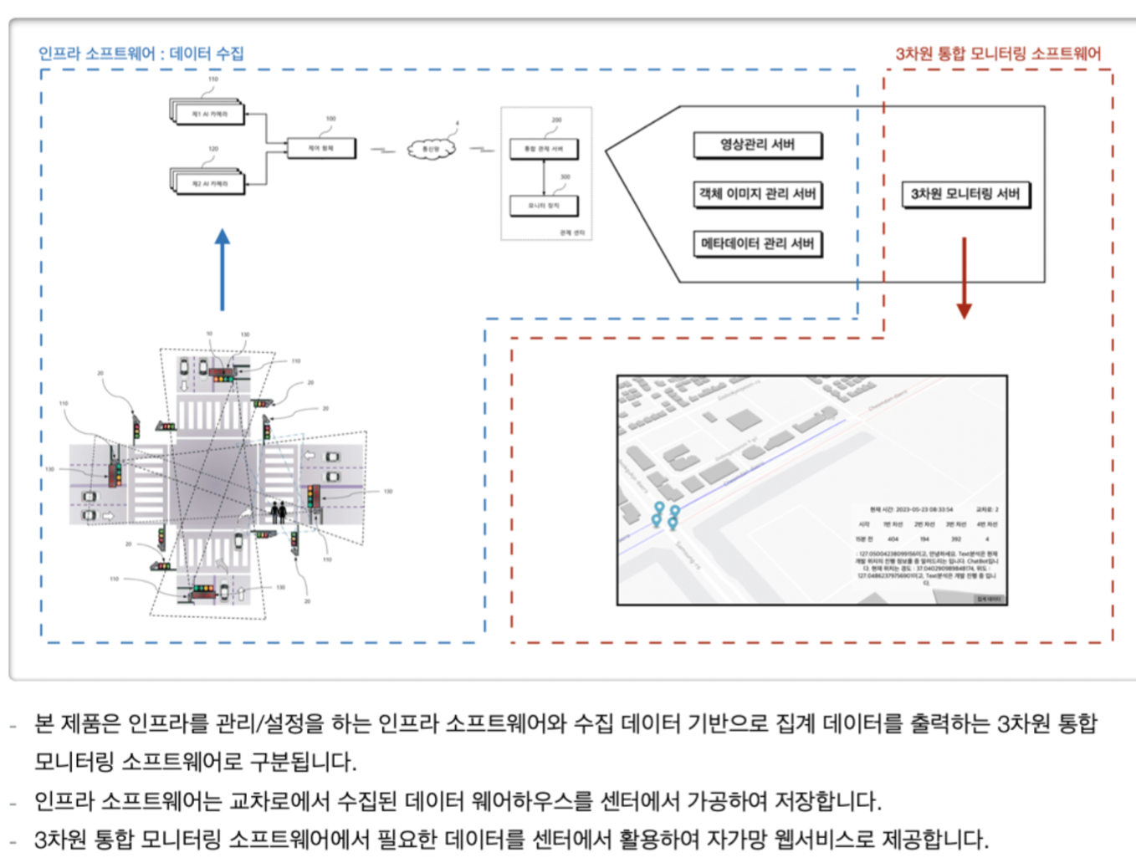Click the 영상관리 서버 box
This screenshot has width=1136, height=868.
[757, 145]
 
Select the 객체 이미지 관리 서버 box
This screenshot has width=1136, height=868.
[757, 194]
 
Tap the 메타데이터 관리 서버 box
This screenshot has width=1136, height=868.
[757, 243]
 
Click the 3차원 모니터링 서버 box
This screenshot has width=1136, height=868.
[965, 194]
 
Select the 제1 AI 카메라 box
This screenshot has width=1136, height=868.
[209, 114]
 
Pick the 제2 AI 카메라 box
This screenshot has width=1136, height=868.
[209, 183]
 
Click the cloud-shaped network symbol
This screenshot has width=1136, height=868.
[431, 149]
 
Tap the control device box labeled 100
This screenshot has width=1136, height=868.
[320, 148]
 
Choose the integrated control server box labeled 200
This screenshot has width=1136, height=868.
[544, 149]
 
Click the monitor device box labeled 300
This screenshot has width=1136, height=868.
[544, 205]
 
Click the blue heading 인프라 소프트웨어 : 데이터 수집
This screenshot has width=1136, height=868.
[141, 54]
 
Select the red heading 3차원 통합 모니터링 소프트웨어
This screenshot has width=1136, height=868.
[998, 54]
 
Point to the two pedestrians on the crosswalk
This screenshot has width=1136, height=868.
[279, 511]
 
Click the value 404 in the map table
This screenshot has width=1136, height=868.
[893, 539]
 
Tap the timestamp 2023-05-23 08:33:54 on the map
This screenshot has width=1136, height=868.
[923, 509]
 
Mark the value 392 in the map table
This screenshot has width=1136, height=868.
[955, 539]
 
